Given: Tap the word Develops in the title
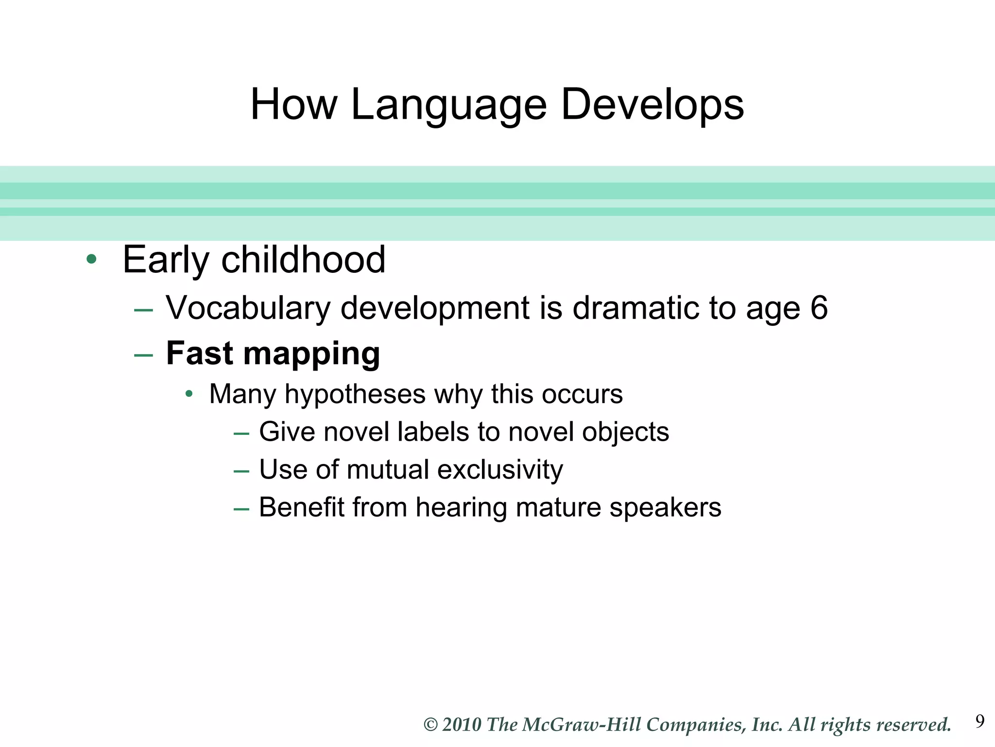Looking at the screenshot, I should point(652,105).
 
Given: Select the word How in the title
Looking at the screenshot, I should point(293,105).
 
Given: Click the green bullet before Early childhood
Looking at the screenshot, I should point(91,259).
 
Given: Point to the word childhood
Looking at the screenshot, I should point(303,259).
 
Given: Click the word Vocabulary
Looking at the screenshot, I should point(248,308).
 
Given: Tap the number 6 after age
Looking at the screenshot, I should point(819,308).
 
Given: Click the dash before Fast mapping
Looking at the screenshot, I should point(143,356).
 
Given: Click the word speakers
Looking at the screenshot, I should point(665,508).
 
